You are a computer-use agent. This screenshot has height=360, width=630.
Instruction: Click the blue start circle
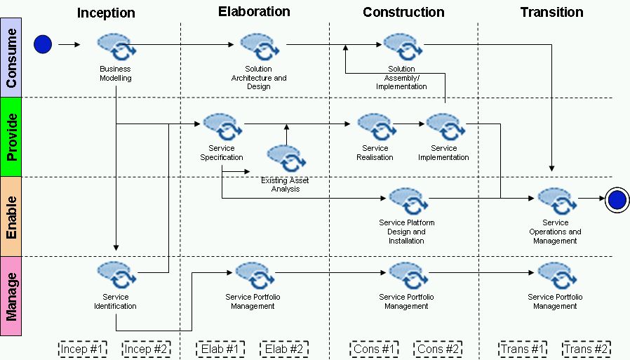tap(43, 45)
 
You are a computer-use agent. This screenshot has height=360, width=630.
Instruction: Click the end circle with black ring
tap(617, 200)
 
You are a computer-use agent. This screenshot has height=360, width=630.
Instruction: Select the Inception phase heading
tap(106, 13)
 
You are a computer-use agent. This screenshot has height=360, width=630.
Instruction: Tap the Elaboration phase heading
tap(254, 11)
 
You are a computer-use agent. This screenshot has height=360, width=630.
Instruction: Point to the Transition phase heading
tap(551, 12)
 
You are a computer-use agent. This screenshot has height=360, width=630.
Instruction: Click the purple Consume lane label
tap(11, 58)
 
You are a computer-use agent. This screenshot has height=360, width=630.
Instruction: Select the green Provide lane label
tap(11, 136)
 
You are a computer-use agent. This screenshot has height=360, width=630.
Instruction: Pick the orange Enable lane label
tap(11, 215)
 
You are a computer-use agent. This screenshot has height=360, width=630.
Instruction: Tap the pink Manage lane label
tap(11, 295)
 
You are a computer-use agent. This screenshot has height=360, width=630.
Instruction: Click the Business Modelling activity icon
tap(116, 48)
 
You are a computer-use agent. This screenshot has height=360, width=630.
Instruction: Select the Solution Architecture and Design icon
tap(259, 48)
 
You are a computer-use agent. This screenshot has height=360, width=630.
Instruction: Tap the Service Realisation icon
tap(375, 127)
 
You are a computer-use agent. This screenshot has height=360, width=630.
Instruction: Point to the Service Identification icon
tap(116, 275)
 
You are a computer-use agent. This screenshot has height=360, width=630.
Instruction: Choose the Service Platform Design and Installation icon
tap(407, 201)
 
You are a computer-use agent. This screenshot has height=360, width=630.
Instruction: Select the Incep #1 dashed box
tap(82, 349)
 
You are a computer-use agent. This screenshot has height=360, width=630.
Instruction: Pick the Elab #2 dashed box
tap(284, 349)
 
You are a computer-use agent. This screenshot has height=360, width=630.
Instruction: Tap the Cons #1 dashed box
tap(375, 349)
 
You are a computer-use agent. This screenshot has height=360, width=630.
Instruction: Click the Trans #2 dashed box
tap(586, 349)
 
